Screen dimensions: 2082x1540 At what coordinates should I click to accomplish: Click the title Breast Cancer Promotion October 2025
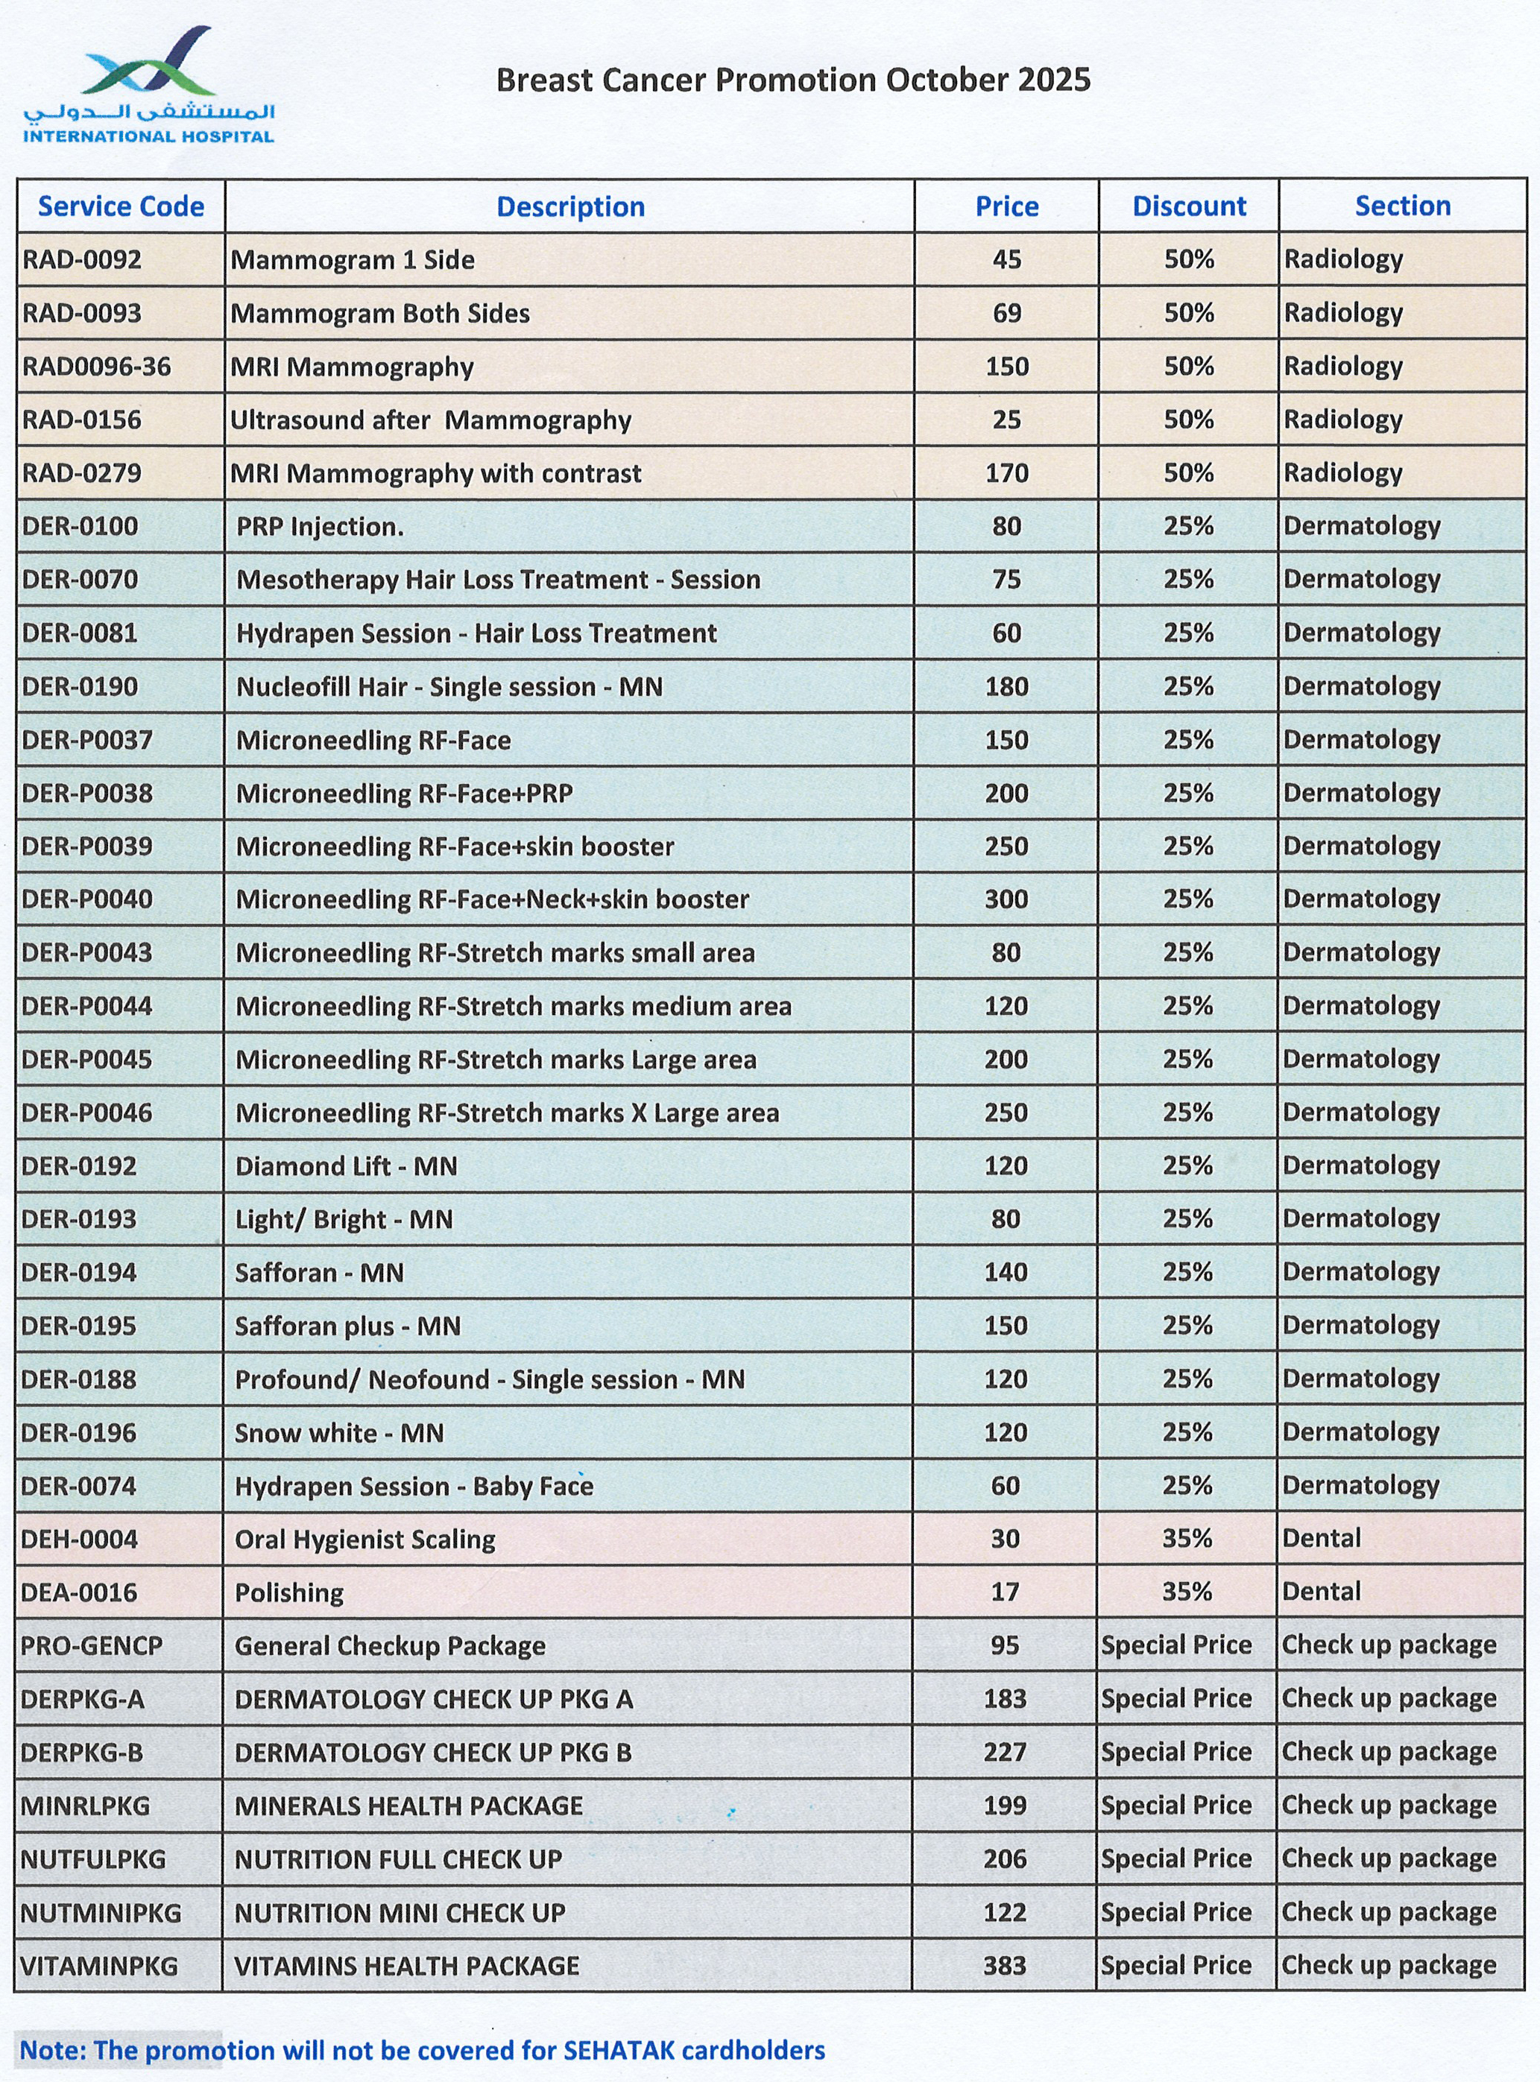pyautogui.click(x=792, y=80)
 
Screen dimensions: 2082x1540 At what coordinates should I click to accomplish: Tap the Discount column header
pyautogui.click(x=1189, y=206)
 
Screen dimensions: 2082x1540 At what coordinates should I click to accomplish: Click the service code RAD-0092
pyautogui.click(x=82, y=259)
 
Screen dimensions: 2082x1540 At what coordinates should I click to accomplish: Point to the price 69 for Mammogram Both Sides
pyautogui.click(x=1007, y=313)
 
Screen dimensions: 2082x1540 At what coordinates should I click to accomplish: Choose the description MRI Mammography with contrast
pyautogui.click(x=435, y=473)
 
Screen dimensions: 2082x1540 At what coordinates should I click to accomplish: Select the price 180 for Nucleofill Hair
pyautogui.click(x=1007, y=687)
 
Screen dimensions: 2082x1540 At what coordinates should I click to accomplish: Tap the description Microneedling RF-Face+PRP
pyautogui.click(x=404, y=793)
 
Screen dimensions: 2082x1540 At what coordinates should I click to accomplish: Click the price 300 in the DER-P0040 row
pyautogui.click(x=1007, y=899)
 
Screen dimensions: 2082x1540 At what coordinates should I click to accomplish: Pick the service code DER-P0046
pyautogui.click(x=86, y=1113)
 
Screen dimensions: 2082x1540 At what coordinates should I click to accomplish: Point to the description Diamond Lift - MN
pyautogui.click(x=346, y=1166)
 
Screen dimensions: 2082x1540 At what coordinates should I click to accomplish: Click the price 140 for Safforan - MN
pyautogui.click(x=1006, y=1272)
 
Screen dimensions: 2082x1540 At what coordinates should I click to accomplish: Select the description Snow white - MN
pyautogui.click(x=338, y=1432)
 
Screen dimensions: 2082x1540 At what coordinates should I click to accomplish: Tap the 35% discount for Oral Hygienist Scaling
pyautogui.click(x=1187, y=1539)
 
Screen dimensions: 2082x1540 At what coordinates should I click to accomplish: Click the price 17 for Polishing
pyautogui.click(x=1005, y=1592)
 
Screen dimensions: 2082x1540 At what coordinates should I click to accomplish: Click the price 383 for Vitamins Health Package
pyautogui.click(x=1005, y=1966)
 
